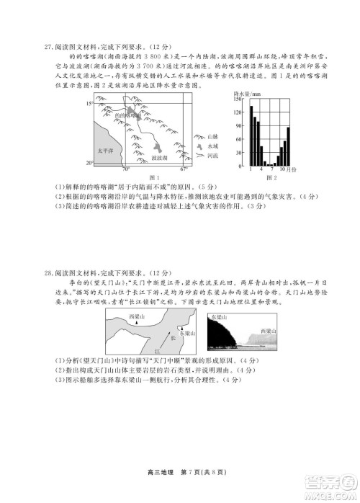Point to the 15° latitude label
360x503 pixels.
[x=90, y=104]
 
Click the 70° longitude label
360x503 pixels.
[x=125, y=170]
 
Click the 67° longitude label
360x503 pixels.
[x=184, y=170]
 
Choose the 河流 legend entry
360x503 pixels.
[x=212, y=155]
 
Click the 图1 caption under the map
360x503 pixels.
[x=152, y=177]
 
